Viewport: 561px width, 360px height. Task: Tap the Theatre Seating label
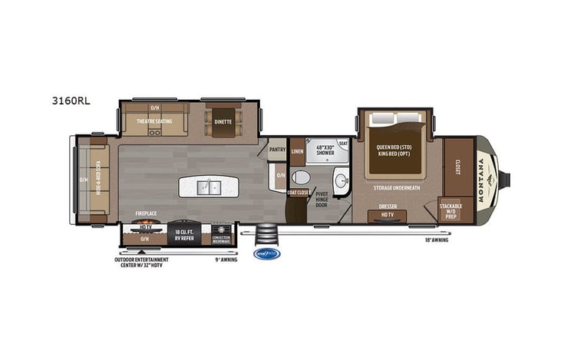click(154, 121)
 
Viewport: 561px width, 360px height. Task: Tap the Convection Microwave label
click(221, 237)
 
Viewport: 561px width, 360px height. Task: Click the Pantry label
click(277, 150)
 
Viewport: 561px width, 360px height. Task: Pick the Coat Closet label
click(298, 192)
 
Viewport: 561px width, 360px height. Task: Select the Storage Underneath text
click(396, 187)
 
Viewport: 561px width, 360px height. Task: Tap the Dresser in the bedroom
click(387, 207)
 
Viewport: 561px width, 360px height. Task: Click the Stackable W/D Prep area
click(450, 210)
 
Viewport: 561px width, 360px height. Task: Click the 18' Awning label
click(435, 240)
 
